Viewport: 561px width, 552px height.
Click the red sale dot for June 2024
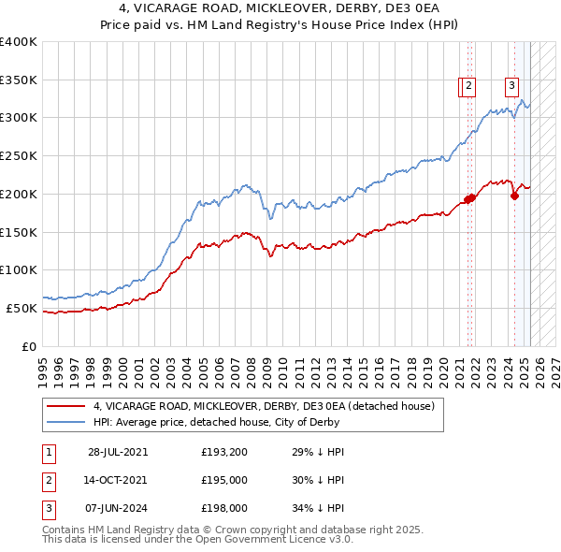[514, 196]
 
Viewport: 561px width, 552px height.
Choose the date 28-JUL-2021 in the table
[118, 452]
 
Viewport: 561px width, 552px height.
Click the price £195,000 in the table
[224, 480]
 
